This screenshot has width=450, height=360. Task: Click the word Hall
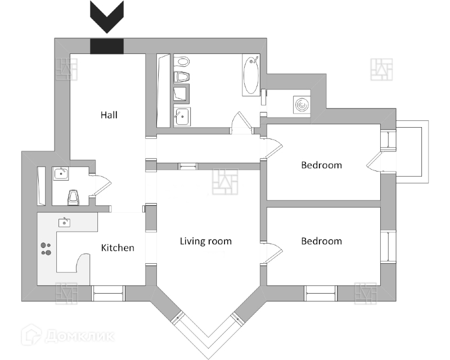(x=109, y=115)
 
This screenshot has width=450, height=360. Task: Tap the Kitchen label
(x=118, y=247)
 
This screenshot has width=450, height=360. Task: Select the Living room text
(x=205, y=241)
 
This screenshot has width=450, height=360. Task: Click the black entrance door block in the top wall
(x=107, y=46)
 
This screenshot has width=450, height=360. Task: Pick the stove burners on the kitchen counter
(x=46, y=249)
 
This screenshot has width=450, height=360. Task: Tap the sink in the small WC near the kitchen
(x=61, y=174)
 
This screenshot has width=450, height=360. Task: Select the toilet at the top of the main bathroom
(x=181, y=61)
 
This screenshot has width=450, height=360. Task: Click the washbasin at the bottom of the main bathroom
(x=181, y=116)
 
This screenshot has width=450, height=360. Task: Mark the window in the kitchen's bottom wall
(x=107, y=292)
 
